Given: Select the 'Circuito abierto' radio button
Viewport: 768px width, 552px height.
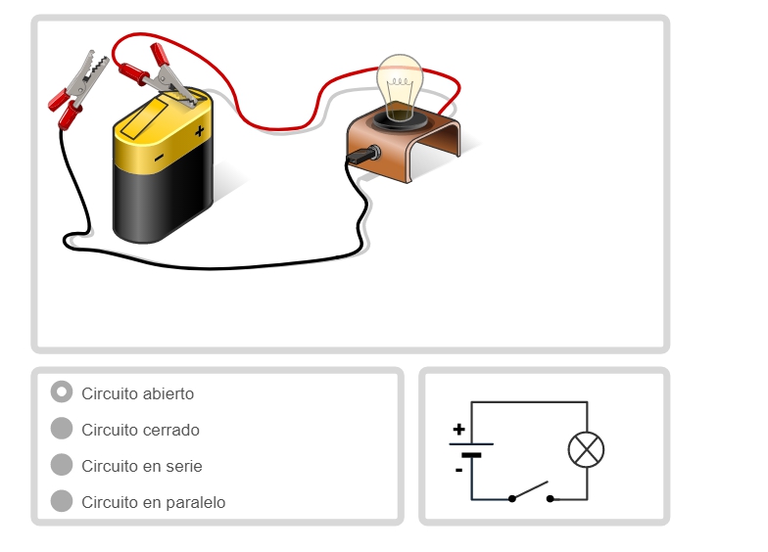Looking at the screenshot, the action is (62, 391).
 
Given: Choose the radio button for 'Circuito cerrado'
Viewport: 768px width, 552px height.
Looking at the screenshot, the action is (62, 429).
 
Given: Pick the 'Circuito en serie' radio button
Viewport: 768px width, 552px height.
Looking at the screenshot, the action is (62, 464).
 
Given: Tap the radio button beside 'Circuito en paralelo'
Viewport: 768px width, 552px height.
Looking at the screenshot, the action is (62, 501).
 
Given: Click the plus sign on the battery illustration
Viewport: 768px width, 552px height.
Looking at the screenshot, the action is (199, 131).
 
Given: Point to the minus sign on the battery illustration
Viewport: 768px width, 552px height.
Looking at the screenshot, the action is (159, 158).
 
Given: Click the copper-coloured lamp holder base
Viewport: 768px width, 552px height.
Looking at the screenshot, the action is (404, 147).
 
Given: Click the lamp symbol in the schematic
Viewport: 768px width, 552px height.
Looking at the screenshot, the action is (586, 450).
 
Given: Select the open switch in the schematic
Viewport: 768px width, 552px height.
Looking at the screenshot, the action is (531, 491).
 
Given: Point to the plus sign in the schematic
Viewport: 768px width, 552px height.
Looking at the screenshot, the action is (458, 429).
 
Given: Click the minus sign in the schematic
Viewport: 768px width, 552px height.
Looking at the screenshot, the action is (458, 470).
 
